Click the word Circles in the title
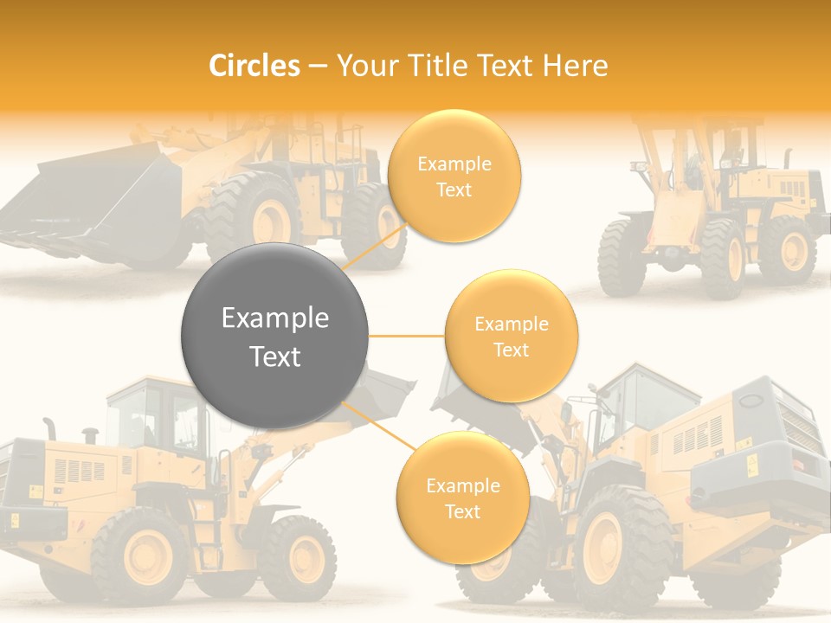point(254,66)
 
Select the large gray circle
point(275,337)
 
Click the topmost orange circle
point(454,177)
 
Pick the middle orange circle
point(511,337)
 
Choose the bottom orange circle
point(462,498)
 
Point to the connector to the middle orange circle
point(406,336)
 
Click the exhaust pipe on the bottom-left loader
point(49,427)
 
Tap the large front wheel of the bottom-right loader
point(623,545)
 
